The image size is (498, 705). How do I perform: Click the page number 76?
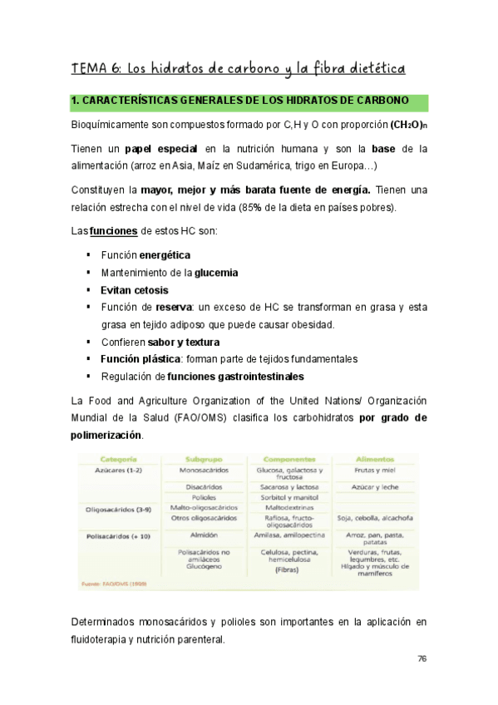[x=422, y=658]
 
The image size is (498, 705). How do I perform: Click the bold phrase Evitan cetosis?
[x=134, y=290]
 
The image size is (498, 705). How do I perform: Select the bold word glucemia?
[x=216, y=272]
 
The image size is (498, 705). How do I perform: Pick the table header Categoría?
[x=118, y=459]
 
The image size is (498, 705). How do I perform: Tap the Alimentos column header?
[x=374, y=459]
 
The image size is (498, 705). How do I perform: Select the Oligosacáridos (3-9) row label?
[x=118, y=507]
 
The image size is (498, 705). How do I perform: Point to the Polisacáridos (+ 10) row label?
[x=118, y=536]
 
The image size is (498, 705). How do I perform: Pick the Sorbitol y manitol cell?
[x=288, y=496]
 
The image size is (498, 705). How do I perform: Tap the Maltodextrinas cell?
[x=288, y=507]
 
